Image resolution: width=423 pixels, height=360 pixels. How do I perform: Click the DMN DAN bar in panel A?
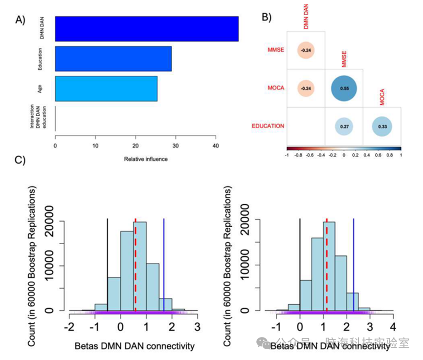(147, 29)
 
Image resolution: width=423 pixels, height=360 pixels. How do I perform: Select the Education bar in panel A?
(113, 59)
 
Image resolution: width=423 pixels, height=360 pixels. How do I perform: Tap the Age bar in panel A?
(106, 88)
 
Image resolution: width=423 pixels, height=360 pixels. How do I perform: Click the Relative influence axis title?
(146, 159)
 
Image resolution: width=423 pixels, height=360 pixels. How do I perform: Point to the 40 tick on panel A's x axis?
(216, 146)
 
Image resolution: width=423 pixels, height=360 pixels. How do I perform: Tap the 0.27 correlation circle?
(344, 126)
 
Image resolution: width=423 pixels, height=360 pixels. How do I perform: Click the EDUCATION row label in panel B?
(268, 126)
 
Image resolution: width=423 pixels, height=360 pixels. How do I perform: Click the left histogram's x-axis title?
(134, 346)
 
